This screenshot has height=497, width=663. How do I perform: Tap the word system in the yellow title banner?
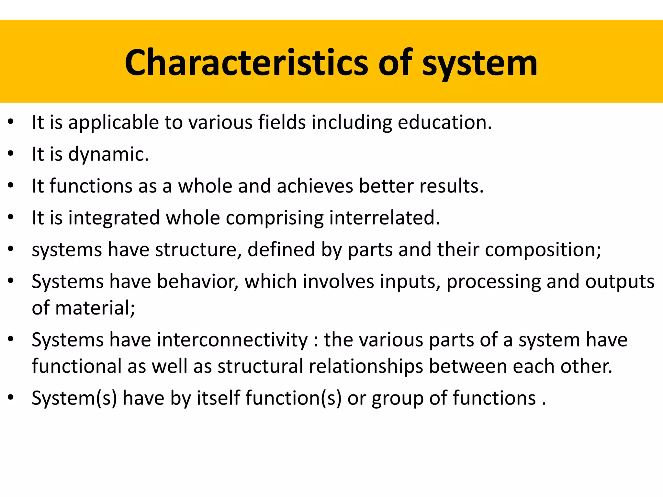[x=480, y=63]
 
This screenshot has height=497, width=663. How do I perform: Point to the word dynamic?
[x=108, y=154]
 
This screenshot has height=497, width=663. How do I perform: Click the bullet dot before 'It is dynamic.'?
[x=11, y=153]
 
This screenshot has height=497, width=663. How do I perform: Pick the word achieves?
[x=315, y=186]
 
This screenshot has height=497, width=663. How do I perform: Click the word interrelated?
[x=385, y=217]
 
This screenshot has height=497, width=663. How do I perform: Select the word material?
[x=95, y=308]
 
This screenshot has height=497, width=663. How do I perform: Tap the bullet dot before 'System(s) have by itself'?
[x=11, y=397]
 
